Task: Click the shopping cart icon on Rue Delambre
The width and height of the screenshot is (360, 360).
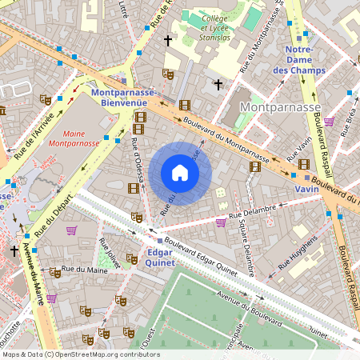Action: click(x=220, y=223)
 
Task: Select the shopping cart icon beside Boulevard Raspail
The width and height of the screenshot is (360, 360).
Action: click(x=329, y=122)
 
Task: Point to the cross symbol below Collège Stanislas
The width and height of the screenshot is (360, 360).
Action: click(x=218, y=83)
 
